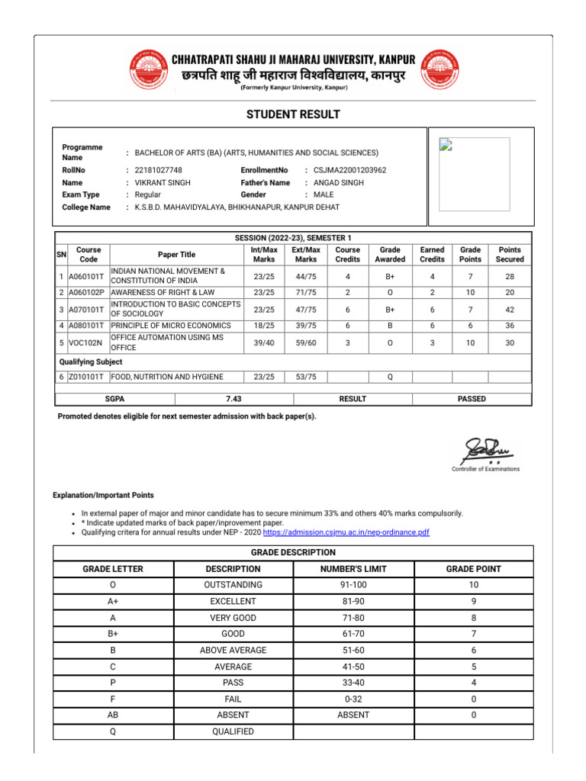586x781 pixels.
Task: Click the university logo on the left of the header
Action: [149, 69]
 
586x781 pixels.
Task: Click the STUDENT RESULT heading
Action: [293, 114]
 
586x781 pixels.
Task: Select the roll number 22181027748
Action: [159, 170]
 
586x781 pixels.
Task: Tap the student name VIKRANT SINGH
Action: [163, 183]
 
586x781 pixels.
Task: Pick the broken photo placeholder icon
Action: [444, 146]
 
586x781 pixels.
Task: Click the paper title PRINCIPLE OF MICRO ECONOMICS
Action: [171, 326]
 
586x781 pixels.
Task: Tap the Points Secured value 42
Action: [510, 309]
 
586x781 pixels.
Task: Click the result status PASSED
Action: [472, 399]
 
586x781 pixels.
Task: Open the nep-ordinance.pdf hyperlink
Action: [346, 532]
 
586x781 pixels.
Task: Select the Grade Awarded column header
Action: [390, 255]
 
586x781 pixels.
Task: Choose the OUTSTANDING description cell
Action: [233, 585]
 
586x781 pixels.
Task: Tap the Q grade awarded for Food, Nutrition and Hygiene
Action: [390, 377]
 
